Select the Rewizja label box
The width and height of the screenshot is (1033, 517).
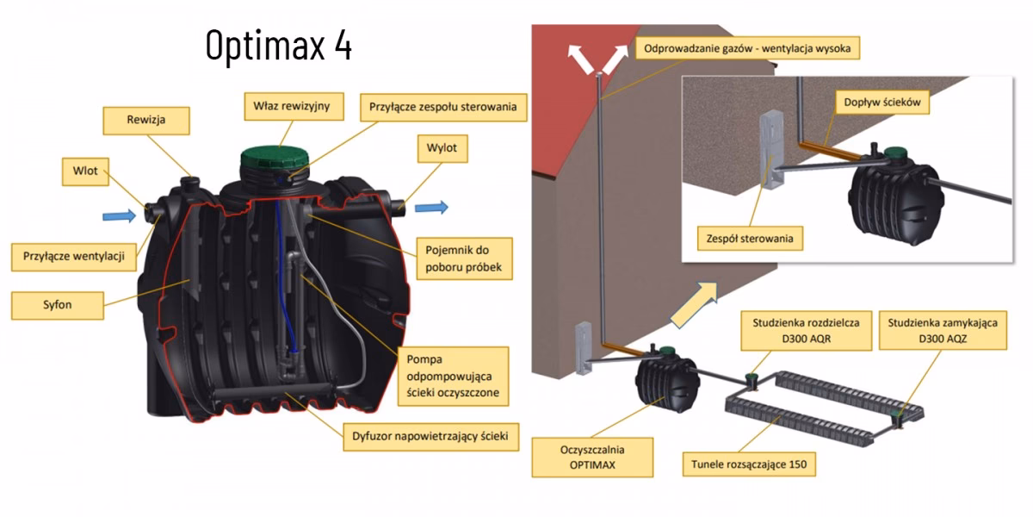pyautogui.click(x=145, y=121)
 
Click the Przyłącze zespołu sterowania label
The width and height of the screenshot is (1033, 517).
pyautogui.click(x=442, y=108)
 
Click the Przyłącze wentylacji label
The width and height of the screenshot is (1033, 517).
pyautogui.click(x=74, y=255)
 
